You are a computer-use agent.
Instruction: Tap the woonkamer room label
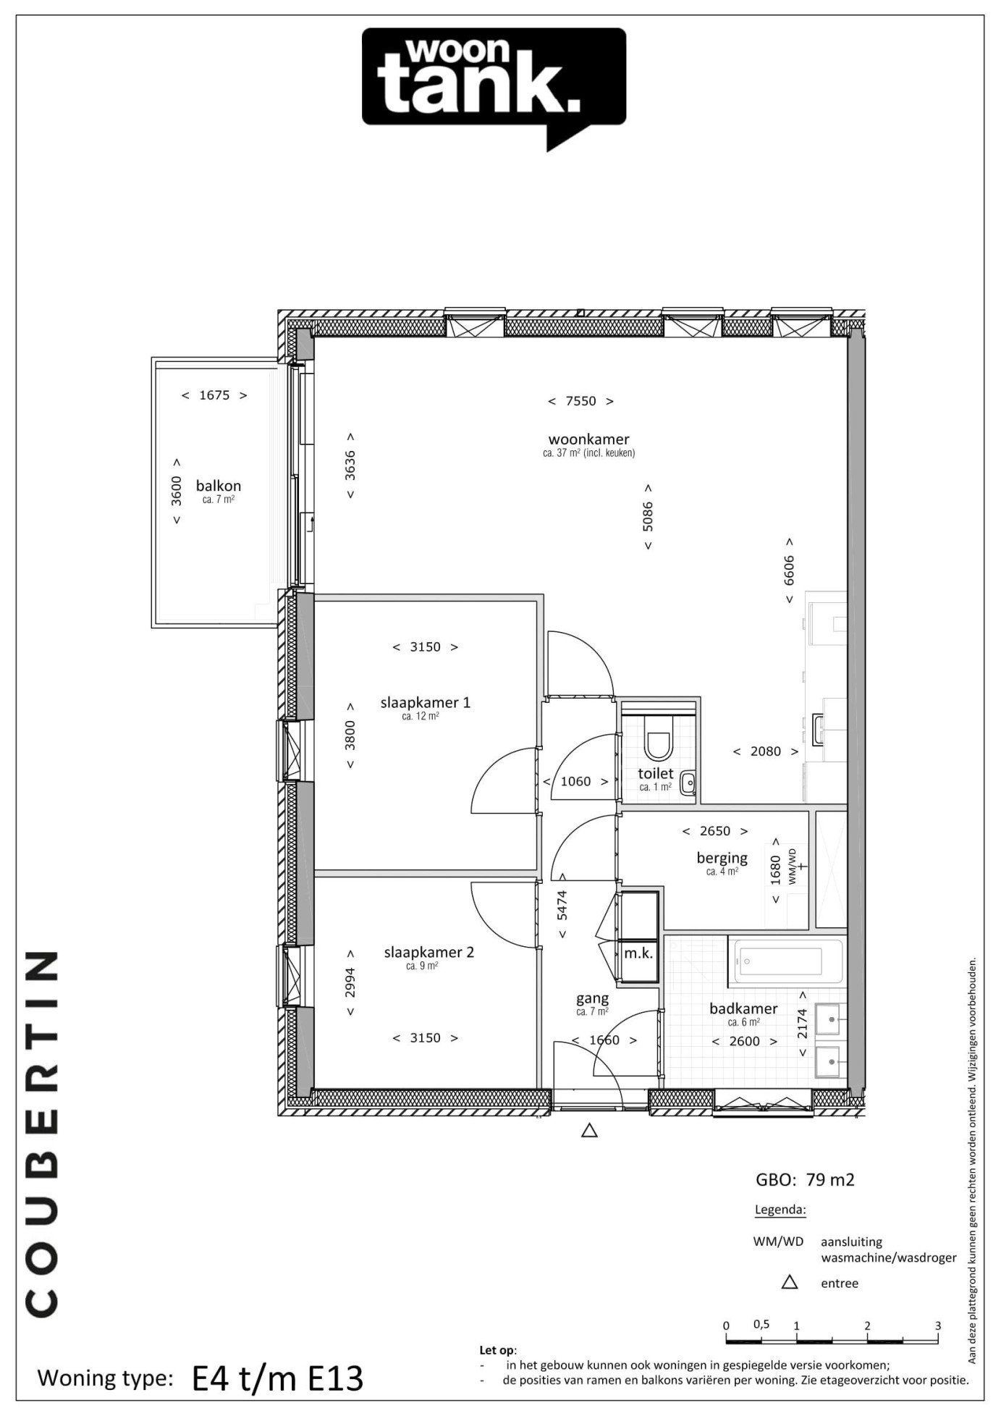(x=588, y=439)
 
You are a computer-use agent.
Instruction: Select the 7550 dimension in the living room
(x=580, y=401)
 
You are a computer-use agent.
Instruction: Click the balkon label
(x=219, y=486)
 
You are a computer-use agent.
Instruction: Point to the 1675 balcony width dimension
(x=214, y=395)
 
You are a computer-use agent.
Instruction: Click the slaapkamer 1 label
(x=426, y=702)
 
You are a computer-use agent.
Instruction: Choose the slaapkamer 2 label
(x=428, y=952)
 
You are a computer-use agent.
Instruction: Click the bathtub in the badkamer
(x=785, y=961)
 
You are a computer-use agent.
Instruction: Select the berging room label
(x=722, y=858)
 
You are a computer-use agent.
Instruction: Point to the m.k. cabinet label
(x=638, y=953)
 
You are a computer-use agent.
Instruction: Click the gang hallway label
(x=592, y=998)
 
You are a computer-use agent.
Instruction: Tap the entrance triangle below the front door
(x=589, y=1130)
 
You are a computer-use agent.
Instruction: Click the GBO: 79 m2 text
(x=805, y=1180)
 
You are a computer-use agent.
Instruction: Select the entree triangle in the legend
(x=790, y=1282)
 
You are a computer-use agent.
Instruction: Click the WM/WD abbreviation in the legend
(x=778, y=1242)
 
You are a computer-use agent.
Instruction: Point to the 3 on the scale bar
(x=938, y=1326)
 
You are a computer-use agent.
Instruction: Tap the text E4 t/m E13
(x=278, y=1379)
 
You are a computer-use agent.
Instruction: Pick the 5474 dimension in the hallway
(x=562, y=905)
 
